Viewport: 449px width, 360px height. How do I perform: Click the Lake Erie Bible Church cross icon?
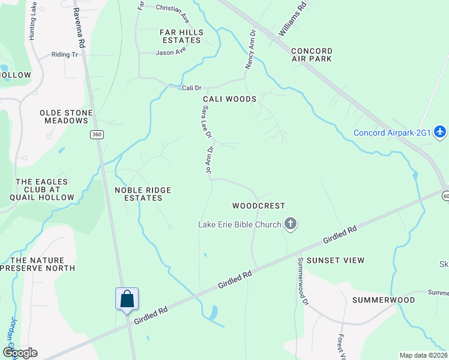coord(291,225)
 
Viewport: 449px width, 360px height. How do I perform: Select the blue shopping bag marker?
coord(127,299)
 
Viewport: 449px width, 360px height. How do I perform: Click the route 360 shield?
coord(97,134)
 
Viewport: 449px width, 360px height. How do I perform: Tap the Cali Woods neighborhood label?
coord(229,99)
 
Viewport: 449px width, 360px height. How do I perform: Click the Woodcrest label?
coord(259,205)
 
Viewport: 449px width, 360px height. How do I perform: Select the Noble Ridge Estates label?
coord(143,194)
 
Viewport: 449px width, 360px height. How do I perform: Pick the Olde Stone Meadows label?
coord(66,116)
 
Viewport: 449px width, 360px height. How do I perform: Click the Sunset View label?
coord(336,260)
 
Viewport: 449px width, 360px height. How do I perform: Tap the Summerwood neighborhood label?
coord(384,299)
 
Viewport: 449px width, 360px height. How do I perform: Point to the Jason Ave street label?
coord(171,52)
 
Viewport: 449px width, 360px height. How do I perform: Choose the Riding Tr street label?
coord(65,54)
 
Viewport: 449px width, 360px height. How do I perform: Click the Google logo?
coord(19,353)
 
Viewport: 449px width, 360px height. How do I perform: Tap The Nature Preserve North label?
coord(41,264)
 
